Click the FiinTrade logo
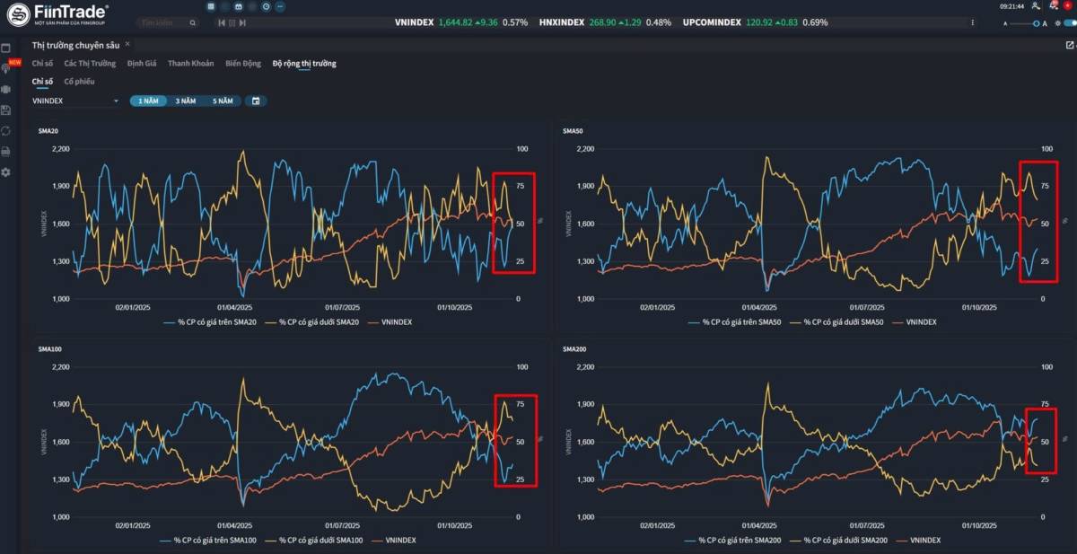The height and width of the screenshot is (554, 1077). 57,13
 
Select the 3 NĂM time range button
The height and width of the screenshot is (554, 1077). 186,101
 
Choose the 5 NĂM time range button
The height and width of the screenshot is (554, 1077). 223,101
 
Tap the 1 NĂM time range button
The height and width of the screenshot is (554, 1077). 148,101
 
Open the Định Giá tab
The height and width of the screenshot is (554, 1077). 142,64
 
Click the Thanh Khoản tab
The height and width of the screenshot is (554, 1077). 190,64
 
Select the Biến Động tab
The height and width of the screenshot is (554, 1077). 243,64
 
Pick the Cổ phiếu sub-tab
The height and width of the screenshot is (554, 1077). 79,82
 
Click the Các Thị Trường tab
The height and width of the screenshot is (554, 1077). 90,64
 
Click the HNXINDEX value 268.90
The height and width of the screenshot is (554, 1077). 602,22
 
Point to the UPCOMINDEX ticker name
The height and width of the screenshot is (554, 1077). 712,22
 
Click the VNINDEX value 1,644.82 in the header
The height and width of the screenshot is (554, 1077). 457,22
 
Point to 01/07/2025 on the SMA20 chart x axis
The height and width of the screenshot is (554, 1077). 342,307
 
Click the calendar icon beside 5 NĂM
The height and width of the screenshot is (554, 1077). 256,101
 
